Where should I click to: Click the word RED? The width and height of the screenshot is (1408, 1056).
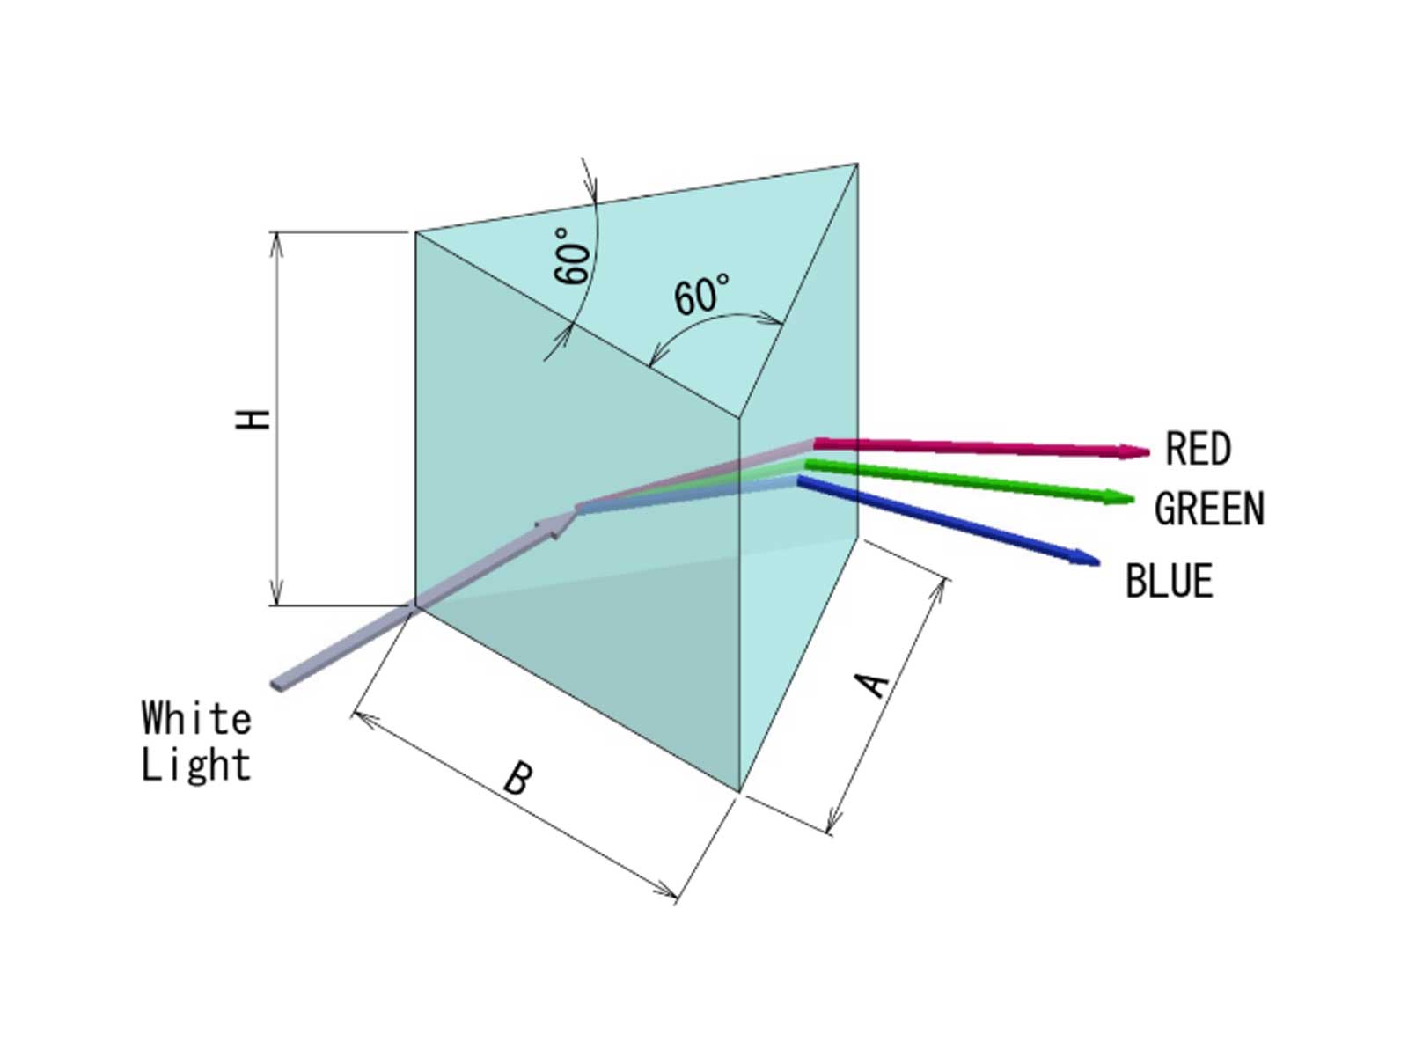tap(1198, 448)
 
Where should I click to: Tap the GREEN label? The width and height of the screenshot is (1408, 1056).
tap(1209, 509)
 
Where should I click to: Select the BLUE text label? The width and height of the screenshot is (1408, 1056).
tap(1170, 580)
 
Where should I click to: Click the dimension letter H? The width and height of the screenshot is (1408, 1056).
tap(253, 420)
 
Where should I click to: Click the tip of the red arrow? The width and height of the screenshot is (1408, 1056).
tap(1149, 452)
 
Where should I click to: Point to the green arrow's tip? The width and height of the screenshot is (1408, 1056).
tap(1133, 500)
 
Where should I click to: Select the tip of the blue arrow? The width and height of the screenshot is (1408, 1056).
tap(1099, 563)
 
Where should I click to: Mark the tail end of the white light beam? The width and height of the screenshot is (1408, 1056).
tap(275, 686)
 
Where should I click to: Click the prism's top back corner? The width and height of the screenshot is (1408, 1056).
tap(858, 165)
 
